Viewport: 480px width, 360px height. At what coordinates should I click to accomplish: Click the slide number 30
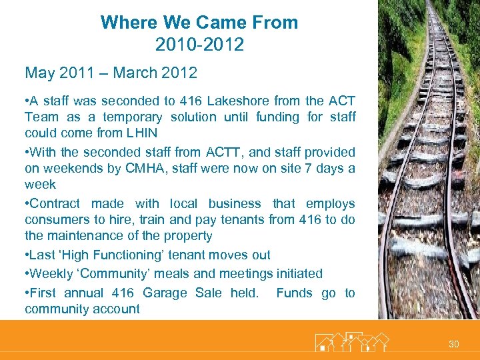pos(454,344)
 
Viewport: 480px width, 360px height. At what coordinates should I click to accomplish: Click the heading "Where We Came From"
pos(199,23)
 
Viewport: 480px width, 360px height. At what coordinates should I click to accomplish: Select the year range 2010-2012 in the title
pos(199,45)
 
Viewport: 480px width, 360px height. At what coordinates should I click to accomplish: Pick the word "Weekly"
pos(51,274)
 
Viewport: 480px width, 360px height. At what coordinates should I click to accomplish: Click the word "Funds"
pos(294,293)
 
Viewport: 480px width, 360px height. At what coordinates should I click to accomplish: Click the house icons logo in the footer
pos(351,342)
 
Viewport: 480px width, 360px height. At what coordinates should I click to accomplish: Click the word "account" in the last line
pos(117,309)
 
